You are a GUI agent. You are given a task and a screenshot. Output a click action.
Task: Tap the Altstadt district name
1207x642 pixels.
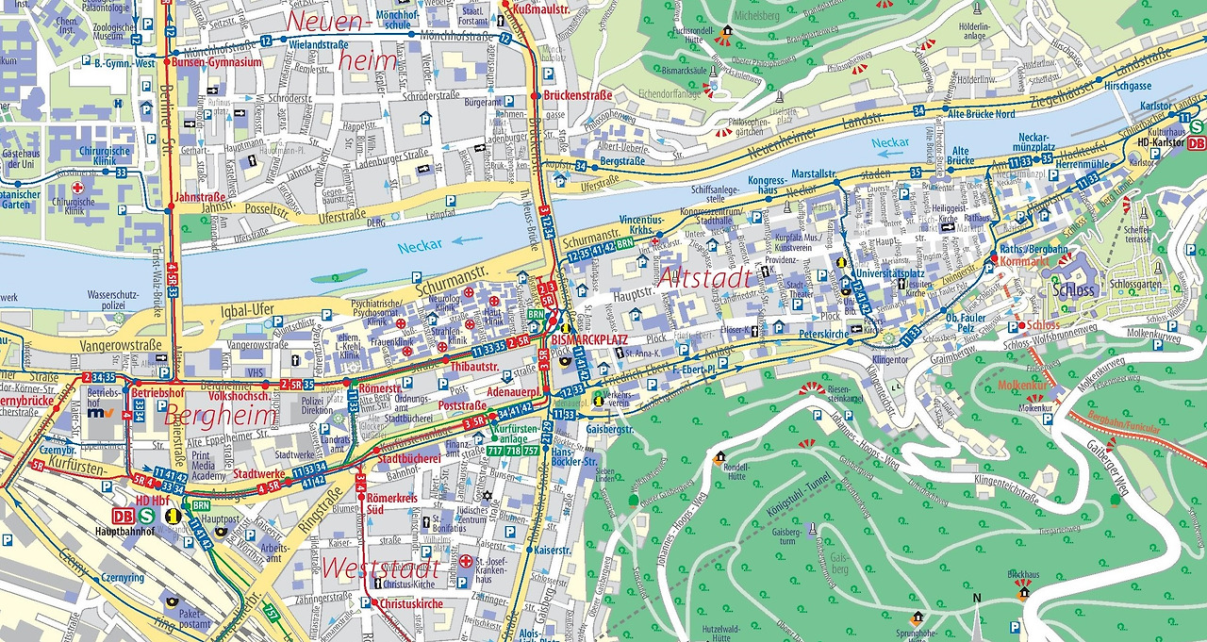tap(705, 277)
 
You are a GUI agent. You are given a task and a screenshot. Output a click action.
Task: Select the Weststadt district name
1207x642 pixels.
tap(380, 568)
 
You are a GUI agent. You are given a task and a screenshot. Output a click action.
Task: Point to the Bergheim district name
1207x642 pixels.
tap(221, 415)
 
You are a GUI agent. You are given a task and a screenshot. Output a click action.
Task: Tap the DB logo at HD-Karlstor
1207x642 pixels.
tap(1197, 143)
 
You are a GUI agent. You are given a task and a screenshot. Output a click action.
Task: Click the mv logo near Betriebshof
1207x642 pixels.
tap(97, 413)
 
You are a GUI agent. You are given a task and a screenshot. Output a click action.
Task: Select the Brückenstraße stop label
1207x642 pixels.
tap(578, 95)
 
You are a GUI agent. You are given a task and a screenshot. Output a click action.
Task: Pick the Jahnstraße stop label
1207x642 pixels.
tap(199, 198)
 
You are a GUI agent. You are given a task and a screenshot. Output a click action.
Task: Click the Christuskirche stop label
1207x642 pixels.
tap(412, 603)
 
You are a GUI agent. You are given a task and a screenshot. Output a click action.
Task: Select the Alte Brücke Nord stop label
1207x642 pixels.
tap(981, 114)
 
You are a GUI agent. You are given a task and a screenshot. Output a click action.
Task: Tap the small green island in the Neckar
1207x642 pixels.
tap(339, 276)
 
